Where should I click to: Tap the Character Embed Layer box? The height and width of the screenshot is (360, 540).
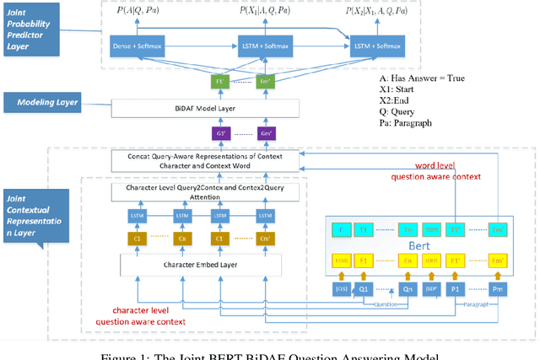189,263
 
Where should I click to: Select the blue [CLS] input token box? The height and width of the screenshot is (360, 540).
342,292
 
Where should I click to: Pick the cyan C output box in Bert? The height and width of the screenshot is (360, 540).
342,228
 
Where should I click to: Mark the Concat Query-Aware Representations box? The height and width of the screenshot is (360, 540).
207,160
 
